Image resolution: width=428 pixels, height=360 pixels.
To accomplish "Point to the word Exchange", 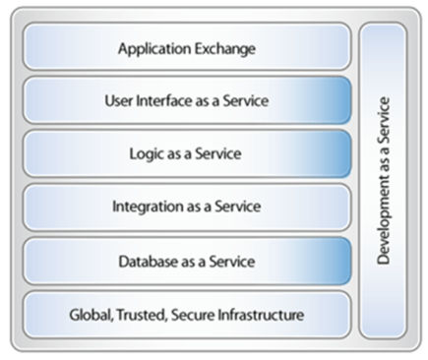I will (x=225, y=48).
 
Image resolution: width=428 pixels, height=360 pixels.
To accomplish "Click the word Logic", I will (x=149, y=154).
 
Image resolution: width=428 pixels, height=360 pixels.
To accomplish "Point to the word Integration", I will (x=148, y=208).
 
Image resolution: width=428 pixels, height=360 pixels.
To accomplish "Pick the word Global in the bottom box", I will (x=87, y=316).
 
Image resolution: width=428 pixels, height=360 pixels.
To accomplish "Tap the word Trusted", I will (x=135, y=316).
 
